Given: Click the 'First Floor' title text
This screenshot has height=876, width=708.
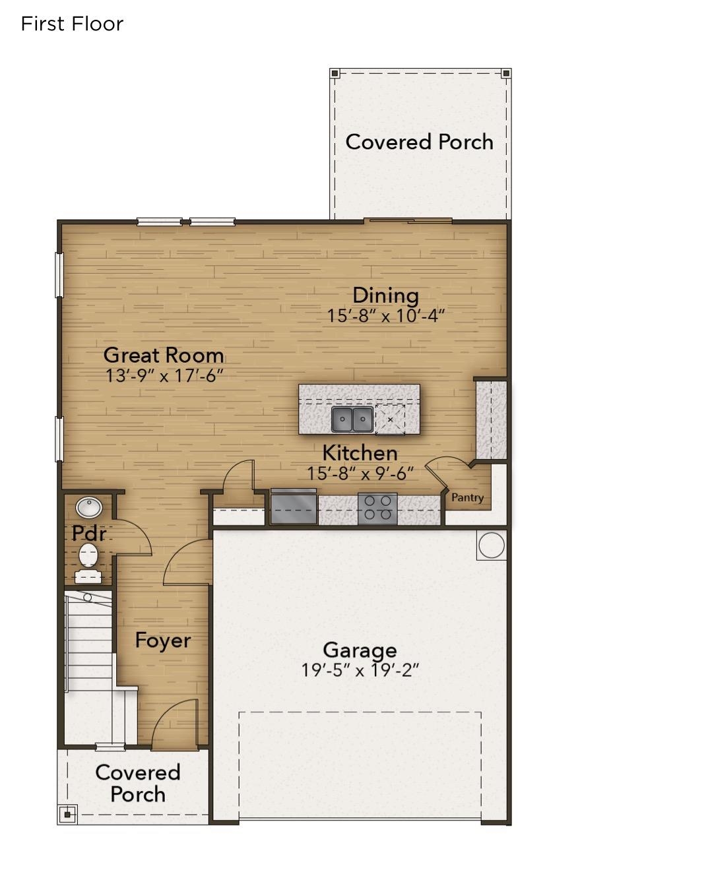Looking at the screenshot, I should point(72,24).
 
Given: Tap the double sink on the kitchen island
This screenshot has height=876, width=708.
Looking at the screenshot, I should point(352,419).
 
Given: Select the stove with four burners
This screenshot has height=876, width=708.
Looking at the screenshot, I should point(377,509).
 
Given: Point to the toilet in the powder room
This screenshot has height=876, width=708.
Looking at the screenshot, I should point(88,555).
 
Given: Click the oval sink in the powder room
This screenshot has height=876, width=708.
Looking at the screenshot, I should point(88,508).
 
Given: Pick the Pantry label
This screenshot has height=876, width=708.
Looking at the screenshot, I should point(467,498).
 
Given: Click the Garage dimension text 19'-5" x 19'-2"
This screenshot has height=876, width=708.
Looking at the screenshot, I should point(360,671).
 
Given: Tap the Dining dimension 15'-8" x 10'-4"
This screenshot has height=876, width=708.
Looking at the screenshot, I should point(386,316).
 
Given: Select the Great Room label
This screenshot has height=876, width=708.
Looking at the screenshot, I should point(164,355).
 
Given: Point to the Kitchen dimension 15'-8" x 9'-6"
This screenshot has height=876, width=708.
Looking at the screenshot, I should point(360,474).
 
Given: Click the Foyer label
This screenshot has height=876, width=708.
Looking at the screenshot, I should point(163,641).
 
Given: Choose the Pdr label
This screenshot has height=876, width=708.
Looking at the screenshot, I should point(88,532).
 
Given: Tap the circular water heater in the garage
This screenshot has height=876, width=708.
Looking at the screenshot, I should point(491,546).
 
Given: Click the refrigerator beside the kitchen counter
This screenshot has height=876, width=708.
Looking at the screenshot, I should point(293,508).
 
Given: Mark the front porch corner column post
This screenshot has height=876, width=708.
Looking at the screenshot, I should point(68,815).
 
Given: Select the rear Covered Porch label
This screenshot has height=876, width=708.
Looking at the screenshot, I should point(419,142).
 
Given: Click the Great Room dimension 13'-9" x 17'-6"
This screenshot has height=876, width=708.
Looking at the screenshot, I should point(164,376).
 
